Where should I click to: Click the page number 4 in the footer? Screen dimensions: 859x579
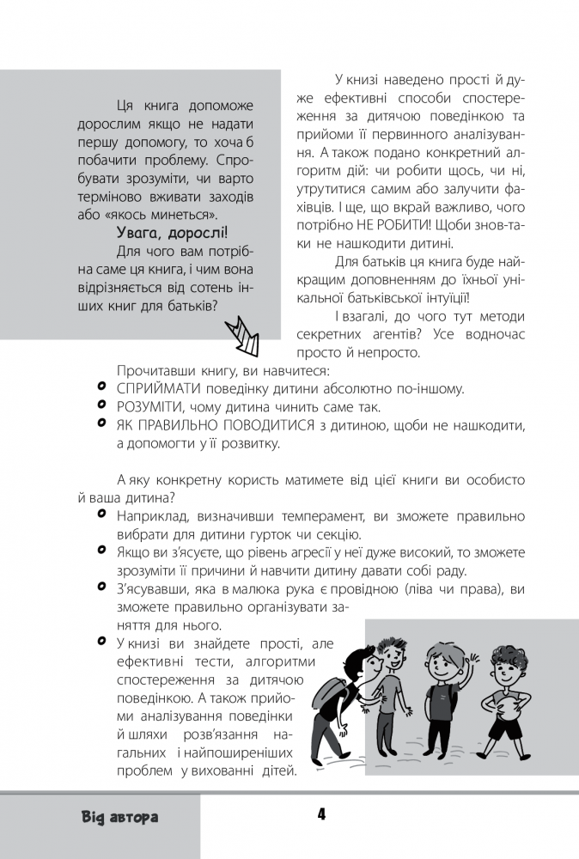[x=320, y=813]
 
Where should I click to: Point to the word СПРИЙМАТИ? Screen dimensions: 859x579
[x=155, y=388]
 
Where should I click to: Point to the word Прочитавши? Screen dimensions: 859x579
[x=152, y=370]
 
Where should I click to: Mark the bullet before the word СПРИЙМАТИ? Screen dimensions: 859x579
[x=102, y=387]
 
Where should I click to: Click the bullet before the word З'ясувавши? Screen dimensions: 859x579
[x=102, y=588]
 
